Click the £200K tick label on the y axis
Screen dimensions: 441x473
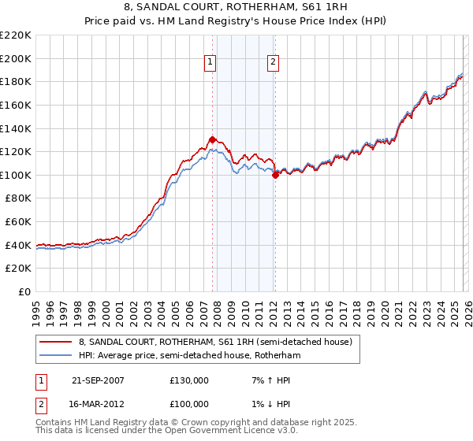[x=16, y=58]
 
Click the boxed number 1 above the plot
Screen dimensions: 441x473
[x=211, y=63]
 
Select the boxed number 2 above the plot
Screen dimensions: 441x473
[x=273, y=63]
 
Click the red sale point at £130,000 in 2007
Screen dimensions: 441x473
[x=212, y=139]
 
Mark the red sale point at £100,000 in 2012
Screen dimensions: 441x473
[x=275, y=176]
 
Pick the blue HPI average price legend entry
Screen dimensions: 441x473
[x=189, y=356]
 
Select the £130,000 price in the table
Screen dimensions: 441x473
[x=189, y=380]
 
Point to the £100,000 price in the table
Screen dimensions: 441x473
[x=189, y=403]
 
